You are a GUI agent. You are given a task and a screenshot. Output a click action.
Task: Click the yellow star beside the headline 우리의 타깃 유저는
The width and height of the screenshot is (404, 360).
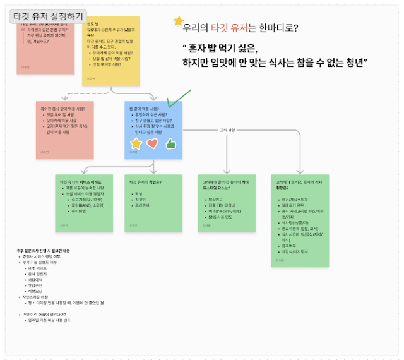pyautogui.click(x=179, y=22)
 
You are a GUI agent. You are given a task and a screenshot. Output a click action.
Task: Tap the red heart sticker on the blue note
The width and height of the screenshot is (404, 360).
pyautogui.click(x=153, y=143)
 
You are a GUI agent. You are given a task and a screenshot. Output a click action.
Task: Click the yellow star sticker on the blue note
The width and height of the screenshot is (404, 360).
pyautogui.click(x=136, y=143)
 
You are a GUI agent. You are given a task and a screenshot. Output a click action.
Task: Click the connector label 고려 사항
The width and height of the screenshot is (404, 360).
pyautogui.click(x=227, y=130)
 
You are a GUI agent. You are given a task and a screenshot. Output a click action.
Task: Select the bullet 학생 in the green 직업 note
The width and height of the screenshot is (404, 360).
pyautogui.click(x=140, y=194)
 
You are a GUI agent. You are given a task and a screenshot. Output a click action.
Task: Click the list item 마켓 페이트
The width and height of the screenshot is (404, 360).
pyautogui.click(x=40, y=269)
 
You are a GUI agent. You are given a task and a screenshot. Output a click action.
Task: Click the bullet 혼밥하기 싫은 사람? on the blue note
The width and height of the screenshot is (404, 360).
pyautogui.click(x=148, y=114)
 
